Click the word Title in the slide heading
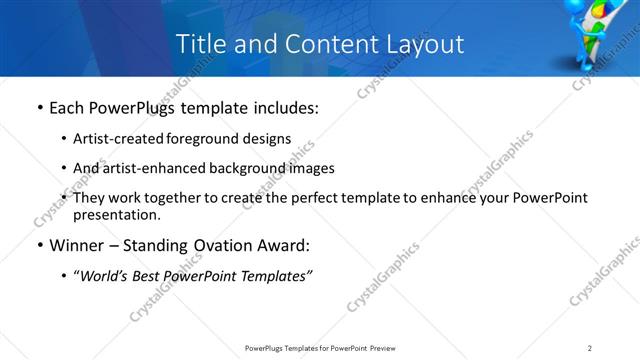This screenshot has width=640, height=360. pos(199,44)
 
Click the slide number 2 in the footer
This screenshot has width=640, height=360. pos(590,347)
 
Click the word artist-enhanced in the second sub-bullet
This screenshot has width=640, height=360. pos(147,168)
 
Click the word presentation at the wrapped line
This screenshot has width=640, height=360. pos(114,214)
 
